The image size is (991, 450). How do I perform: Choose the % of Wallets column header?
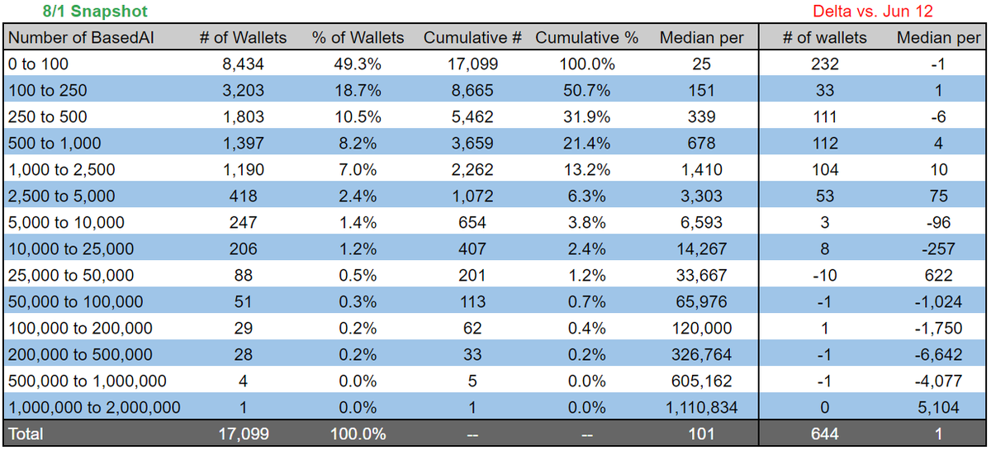coord(358,37)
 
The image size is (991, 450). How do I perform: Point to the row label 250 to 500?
coord(47,116)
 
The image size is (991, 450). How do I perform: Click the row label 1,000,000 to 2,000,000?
coord(94,407)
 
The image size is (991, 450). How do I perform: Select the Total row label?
coord(26,433)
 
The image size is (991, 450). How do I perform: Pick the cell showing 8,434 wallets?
coord(244,64)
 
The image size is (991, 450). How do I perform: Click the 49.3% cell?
coord(358,64)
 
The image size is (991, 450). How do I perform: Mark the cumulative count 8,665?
coord(473,90)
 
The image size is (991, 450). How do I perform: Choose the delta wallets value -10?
coord(824,275)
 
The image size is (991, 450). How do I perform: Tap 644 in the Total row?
coord(824,433)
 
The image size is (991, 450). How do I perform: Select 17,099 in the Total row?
coord(244,433)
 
